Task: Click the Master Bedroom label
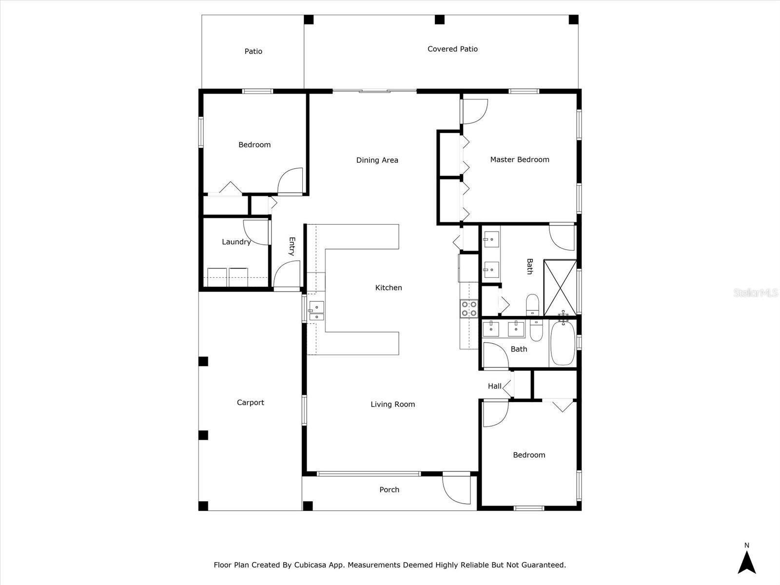coord(519,159)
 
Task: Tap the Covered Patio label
coord(452,49)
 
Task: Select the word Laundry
coord(236,242)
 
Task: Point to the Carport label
coord(250,402)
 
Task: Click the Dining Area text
coord(377,160)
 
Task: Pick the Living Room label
coord(392,404)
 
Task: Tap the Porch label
coord(389,489)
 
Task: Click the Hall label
coord(494,386)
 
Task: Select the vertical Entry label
coord(292,246)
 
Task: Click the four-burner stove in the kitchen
coord(469,308)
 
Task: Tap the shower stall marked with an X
coord(560,288)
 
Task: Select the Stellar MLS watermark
coord(755,292)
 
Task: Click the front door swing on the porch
coord(456,490)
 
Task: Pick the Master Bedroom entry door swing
coord(474,111)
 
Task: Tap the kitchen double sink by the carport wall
coord(316,311)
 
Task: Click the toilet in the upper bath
coord(532,304)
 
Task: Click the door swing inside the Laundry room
coord(256,232)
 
